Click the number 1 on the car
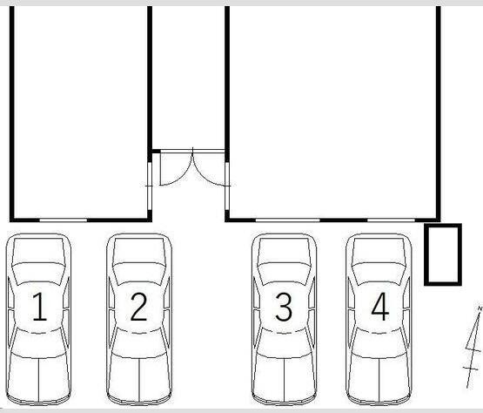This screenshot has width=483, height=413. [x=39, y=306]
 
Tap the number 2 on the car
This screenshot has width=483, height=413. [x=139, y=306]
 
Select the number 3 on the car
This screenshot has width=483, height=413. [x=284, y=306]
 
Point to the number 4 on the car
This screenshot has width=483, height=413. [x=380, y=306]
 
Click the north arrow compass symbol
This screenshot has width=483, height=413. [x=473, y=347]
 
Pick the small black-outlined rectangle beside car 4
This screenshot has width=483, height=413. [x=443, y=254]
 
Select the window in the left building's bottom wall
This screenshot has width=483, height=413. [x=64, y=220]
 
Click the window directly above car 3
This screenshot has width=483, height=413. [x=288, y=220]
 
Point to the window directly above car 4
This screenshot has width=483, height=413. [x=392, y=220]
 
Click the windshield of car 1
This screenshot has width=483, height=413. [x=38, y=274]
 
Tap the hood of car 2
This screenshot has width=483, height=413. [x=139, y=250]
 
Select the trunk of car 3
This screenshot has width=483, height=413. [x=284, y=377]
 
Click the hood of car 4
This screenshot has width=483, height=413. [x=379, y=250]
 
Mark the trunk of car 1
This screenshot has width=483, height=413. [x=38, y=377]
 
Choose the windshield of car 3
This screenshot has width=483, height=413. [x=284, y=274]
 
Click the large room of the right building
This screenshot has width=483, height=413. [x=332, y=111]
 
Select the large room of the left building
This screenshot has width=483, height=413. [x=81, y=111]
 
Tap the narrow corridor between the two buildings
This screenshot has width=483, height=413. [x=188, y=77]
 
